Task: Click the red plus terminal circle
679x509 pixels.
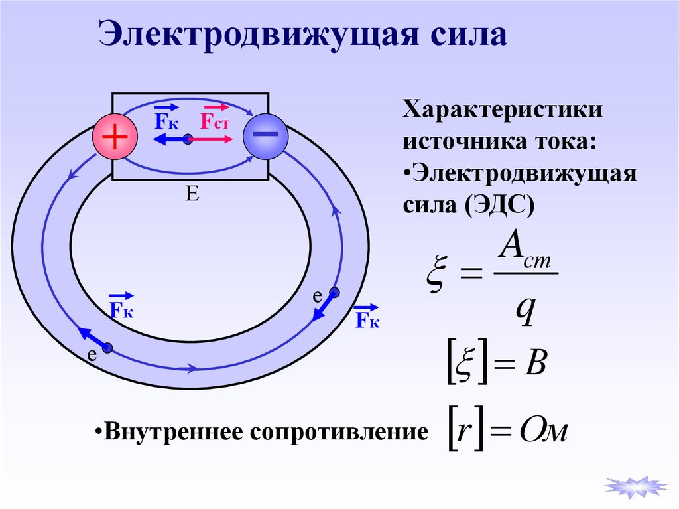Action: [114, 137]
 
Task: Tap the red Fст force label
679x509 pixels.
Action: [215, 121]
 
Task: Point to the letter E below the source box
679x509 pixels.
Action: [192, 194]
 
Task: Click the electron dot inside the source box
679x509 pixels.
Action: [188, 139]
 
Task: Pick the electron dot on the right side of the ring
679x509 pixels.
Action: [335, 293]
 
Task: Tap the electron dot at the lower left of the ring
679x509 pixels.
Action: [107, 348]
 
